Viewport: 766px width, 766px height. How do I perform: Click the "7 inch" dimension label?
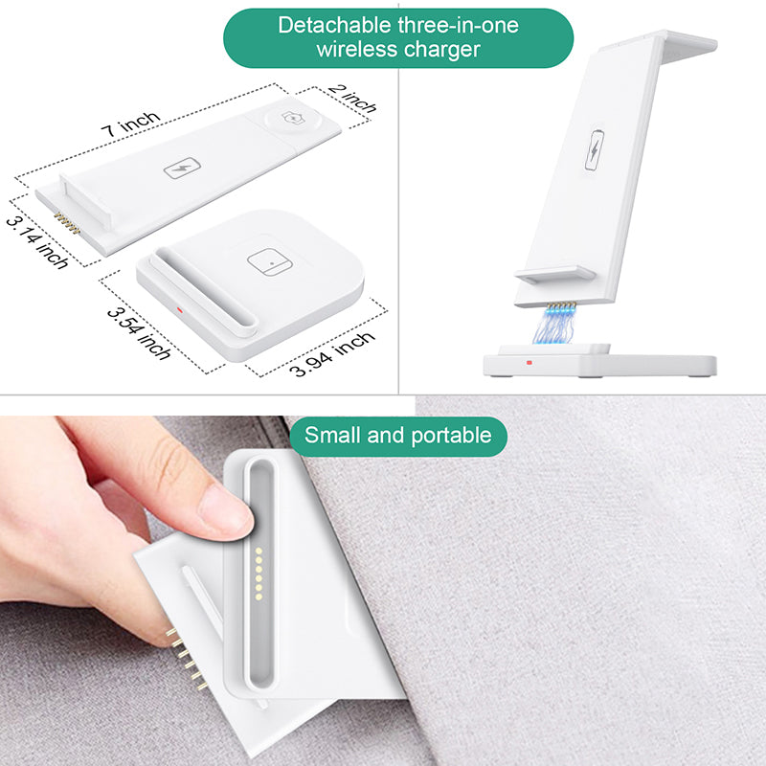pyautogui.click(x=131, y=124)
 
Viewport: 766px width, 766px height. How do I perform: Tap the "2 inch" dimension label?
pyautogui.click(x=352, y=99)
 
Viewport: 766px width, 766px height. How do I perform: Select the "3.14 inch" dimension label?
pyautogui.click(x=36, y=243)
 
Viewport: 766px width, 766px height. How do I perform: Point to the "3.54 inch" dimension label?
pyautogui.click(x=139, y=333)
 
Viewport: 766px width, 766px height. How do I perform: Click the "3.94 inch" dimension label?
pyautogui.click(x=332, y=354)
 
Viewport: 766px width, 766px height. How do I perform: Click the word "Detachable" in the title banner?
pyautogui.click(x=334, y=26)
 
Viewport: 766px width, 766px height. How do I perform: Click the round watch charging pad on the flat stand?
pyautogui.click(x=293, y=119)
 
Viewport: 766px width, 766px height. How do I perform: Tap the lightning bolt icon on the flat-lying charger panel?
pyautogui.click(x=182, y=169)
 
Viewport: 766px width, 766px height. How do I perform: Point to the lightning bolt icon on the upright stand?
pyautogui.click(x=594, y=150)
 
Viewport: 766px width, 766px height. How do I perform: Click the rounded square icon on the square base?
pyautogui.click(x=270, y=261)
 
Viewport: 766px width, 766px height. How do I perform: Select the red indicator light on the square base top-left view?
pyautogui.click(x=179, y=309)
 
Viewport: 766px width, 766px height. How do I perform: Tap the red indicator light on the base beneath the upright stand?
pyautogui.click(x=529, y=363)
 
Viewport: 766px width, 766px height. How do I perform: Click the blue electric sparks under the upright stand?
pyautogui.click(x=554, y=325)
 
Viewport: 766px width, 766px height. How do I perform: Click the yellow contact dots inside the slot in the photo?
pyautogui.click(x=259, y=574)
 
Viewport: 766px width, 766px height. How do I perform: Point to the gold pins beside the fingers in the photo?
pyautogui.click(x=187, y=660)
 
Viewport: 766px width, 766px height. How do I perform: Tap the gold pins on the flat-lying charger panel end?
pyautogui.click(x=66, y=223)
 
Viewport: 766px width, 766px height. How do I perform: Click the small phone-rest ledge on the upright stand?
pyautogui.click(x=555, y=275)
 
